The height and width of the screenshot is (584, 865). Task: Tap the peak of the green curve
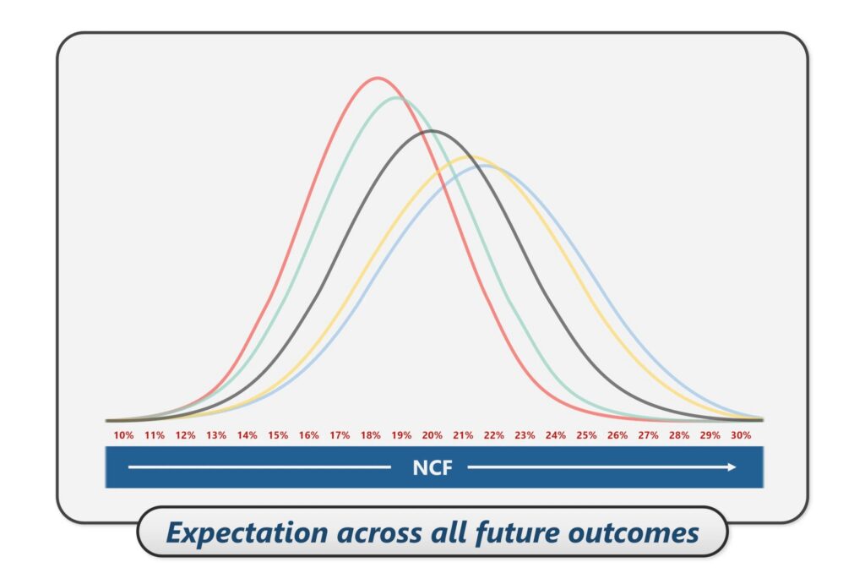pos(398,98)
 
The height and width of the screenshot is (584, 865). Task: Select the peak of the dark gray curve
pos(432,131)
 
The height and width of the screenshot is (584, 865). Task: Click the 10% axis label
pos(123,435)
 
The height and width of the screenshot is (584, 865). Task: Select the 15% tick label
pos(278,435)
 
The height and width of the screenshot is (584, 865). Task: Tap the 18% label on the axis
pos(370,435)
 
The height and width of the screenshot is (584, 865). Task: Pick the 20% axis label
pos(432,435)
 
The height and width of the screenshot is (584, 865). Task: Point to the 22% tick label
pos(493,435)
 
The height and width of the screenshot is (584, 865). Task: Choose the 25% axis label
pos(586,435)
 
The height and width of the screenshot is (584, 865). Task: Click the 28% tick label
pos(679,435)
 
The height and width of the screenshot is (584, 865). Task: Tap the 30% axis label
pos(741,435)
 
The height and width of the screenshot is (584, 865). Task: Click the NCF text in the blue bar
pos(432,467)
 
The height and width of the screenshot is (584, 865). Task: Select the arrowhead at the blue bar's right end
pos(732,467)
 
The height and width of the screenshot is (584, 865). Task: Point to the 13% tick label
pos(216,435)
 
